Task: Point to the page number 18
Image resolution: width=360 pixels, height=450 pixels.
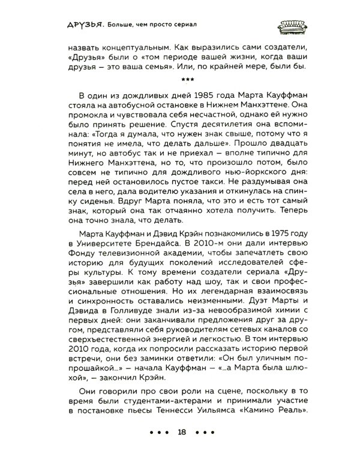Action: click(180, 431)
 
